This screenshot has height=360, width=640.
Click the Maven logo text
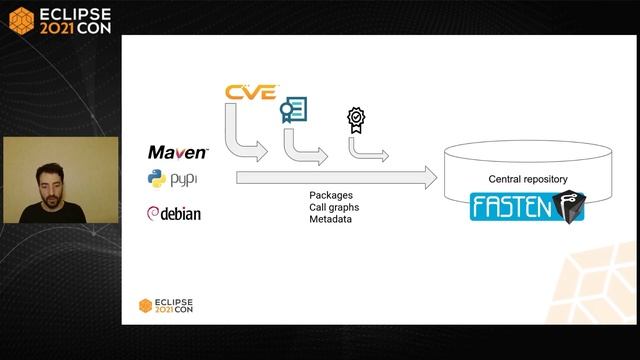[x=177, y=153]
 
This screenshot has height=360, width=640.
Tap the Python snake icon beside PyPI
[x=156, y=180]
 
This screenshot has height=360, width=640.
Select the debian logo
[x=175, y=213]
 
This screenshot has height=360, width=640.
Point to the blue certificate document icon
[x=293, y=111]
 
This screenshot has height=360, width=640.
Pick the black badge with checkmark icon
[x=355, y=120]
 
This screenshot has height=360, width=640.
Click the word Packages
[x=331, y=195]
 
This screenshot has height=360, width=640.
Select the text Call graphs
[x=334, y=207]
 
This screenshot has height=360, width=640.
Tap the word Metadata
[x=330, y=219]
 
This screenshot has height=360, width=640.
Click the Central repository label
[x=527, y=180]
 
